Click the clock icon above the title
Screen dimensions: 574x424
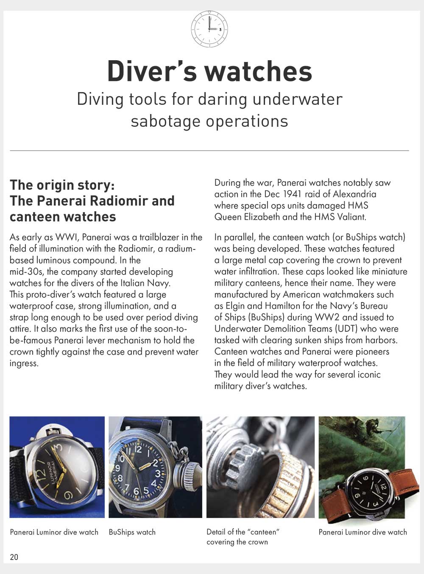pos(209,29)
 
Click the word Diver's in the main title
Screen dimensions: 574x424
pos(152,71)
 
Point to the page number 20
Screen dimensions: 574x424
pos(14,557)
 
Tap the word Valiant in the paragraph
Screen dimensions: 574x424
pos(351,217)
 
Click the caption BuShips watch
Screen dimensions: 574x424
pos(132,532)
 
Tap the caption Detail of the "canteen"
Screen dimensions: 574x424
pos(243,532)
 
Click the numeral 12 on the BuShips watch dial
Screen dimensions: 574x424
pos(137,449)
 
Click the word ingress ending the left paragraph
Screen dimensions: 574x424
pos(24,363)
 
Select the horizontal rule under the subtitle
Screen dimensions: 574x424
pos(209,151)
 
